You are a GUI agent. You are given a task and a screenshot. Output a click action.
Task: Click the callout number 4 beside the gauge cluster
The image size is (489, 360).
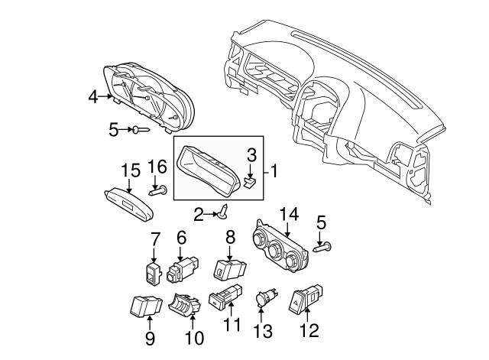[92, 96]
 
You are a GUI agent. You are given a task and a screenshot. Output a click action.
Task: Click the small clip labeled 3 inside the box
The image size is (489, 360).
[250, 182]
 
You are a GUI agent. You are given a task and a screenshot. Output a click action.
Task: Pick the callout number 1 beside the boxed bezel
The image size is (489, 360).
[273, 170]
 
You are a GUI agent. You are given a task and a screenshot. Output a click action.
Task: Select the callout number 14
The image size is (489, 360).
[290, 215]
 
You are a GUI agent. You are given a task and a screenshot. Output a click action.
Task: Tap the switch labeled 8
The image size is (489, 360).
[230, 269]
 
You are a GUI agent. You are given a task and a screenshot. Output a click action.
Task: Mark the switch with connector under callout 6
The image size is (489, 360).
[183, 268]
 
